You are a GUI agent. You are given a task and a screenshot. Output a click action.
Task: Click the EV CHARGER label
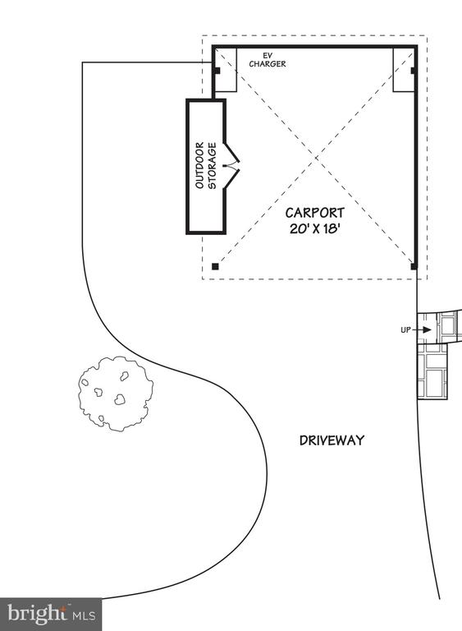[x=268, y=59]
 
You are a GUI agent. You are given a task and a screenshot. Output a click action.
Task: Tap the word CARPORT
[x=315, y=213]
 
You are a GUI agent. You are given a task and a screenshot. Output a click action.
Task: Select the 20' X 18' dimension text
[x=315, y=229]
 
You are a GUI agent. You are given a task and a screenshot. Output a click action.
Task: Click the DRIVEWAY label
[x=332, y=440]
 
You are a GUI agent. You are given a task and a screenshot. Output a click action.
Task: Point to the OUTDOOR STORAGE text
[x=206, y=165]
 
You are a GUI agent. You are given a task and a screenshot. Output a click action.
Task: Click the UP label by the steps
[x=405, y=330]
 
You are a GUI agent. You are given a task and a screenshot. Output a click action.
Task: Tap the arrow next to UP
[x=422, y=330]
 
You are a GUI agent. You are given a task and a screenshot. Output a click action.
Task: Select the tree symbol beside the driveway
[x=116, y=394]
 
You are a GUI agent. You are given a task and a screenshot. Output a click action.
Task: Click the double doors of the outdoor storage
[x=231, y=165]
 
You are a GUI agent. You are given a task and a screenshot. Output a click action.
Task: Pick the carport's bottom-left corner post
[x=215, y=266]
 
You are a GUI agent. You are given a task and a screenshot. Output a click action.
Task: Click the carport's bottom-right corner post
[x=414, y=266]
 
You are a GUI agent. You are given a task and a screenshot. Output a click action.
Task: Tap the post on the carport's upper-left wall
[x=217, y=71]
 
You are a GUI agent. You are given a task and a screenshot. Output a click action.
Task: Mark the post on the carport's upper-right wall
[x=414, y=71]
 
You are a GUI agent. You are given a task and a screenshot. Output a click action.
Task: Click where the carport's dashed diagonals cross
[x=315, y=159]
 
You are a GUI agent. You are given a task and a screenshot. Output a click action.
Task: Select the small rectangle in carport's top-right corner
[x=403, y=70]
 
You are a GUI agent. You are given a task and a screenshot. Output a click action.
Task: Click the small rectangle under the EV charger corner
[x=226, y=70]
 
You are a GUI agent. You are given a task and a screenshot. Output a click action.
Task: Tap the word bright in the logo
[x=37, y=614]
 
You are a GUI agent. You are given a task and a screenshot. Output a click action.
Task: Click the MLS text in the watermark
[x=84, y=615]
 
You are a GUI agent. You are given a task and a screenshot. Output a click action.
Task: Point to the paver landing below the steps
[x=432, y=371]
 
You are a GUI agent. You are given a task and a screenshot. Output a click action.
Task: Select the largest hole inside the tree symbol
[x=120, y=399]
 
